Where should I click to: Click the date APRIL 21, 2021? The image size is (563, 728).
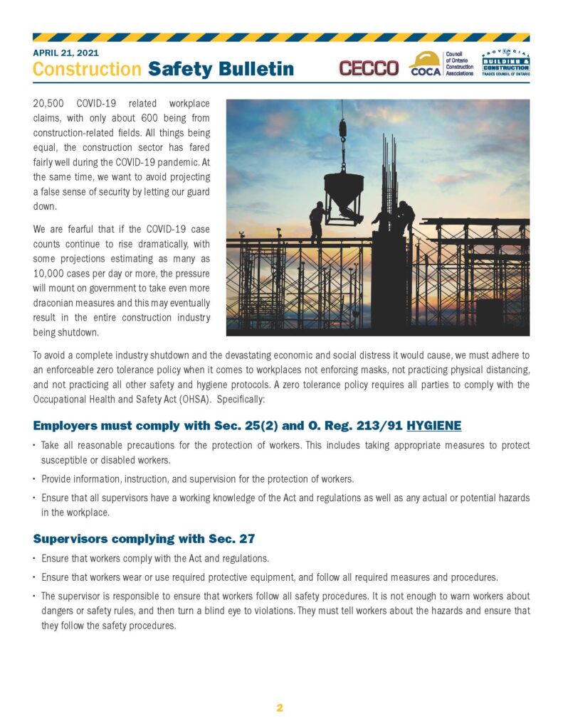[65, 53]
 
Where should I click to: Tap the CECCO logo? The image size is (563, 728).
[368, 68]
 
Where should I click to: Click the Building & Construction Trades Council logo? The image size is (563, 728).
[505, 65]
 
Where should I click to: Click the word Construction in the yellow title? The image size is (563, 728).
[87, 69]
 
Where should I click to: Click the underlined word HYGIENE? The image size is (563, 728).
[434, 426]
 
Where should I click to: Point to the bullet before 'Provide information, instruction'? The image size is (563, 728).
[36, 479]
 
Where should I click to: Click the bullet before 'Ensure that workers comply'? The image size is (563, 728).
[36, 558]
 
